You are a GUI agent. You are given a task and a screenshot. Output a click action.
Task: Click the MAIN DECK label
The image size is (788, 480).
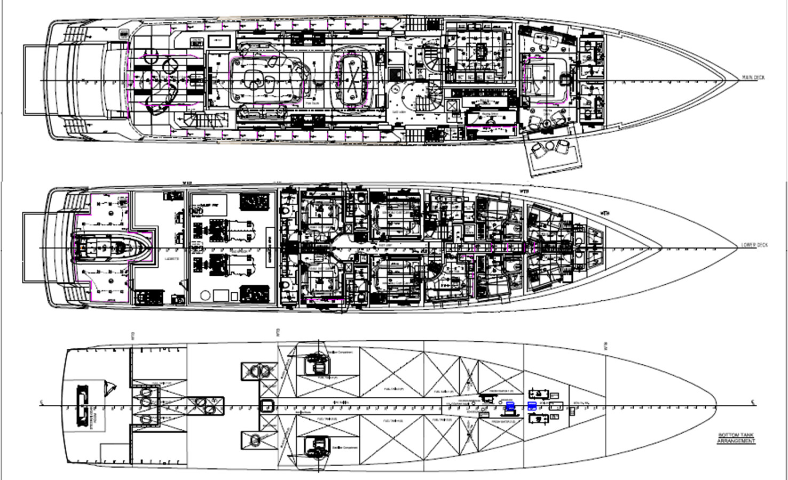[x=753, y=78]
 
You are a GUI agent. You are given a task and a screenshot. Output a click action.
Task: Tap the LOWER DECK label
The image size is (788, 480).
[x=754, y=245]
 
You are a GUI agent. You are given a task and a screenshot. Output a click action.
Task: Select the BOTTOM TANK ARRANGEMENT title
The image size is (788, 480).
[x=736, y=438]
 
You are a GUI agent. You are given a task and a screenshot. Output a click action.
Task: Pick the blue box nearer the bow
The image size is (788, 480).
[x=532, y=406]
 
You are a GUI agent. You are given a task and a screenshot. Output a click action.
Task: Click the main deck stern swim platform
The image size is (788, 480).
[x=35, y=80]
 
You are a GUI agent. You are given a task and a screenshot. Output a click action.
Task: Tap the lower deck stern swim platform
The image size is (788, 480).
[x=35, y=247]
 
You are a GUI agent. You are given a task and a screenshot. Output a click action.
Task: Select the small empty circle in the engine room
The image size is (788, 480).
[x=204, y=295]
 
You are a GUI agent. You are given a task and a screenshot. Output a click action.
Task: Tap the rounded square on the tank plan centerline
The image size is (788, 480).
[x=267, y=405]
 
